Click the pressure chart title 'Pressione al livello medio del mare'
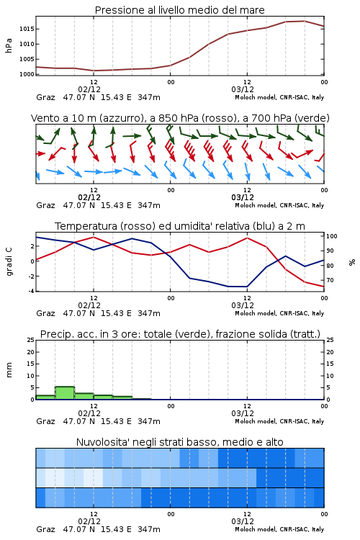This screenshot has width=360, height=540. pyautogui.click(x=179, y=10)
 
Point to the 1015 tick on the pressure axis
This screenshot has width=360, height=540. pyautogui.click(x=27, y=29)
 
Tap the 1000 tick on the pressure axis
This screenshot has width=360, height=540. pyautogui.click(x=27, y=74)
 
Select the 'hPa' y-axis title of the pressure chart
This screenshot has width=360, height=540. pyautogui.click(x=9, y=45)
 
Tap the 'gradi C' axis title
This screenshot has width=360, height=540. pyautogui.click(x=9, y=262)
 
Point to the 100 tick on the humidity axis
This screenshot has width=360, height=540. pyautogui.click(x=332, y=236)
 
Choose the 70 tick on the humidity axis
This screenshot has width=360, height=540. pyautogui.click(x=330, y=280)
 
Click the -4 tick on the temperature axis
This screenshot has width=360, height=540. pyautogui.click(x=31, y=291)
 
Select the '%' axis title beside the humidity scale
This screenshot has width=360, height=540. pyautogui.click(x=352, y=262)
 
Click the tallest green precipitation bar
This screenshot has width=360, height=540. pyautogui.click(x=65, y=393)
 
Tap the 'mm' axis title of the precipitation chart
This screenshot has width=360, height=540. pyautogui.click(x=9, y=370)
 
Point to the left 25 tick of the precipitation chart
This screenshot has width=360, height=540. pyautogui.click(x=31, y=341)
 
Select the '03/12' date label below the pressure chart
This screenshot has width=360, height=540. pyautogui.click(x=243, y=89)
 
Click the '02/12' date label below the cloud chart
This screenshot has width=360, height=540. pyautogui.click(x=89, y=521)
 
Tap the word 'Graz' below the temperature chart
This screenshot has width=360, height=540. pyautogui.click(x=45, y=313)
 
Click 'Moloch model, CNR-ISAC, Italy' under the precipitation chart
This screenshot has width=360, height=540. pyautogui.click(x=279, y=421)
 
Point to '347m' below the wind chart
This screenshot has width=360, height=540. pyautogui.click(x=149, y=205)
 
